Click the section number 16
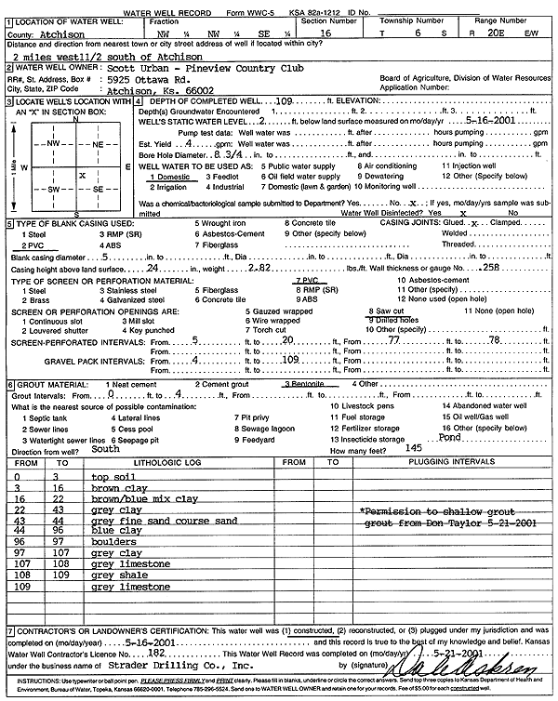click(x=324, y=33)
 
